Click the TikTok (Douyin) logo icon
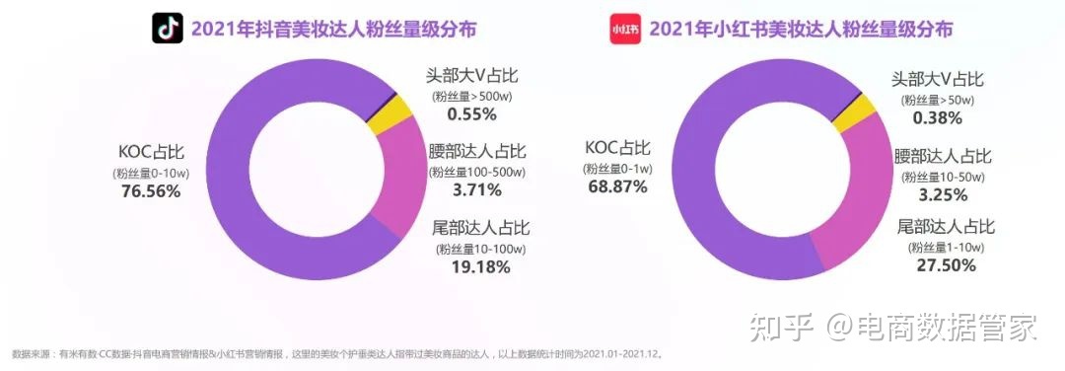[168, 30]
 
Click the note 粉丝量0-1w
[617, 169]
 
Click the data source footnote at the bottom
[335, 353]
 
